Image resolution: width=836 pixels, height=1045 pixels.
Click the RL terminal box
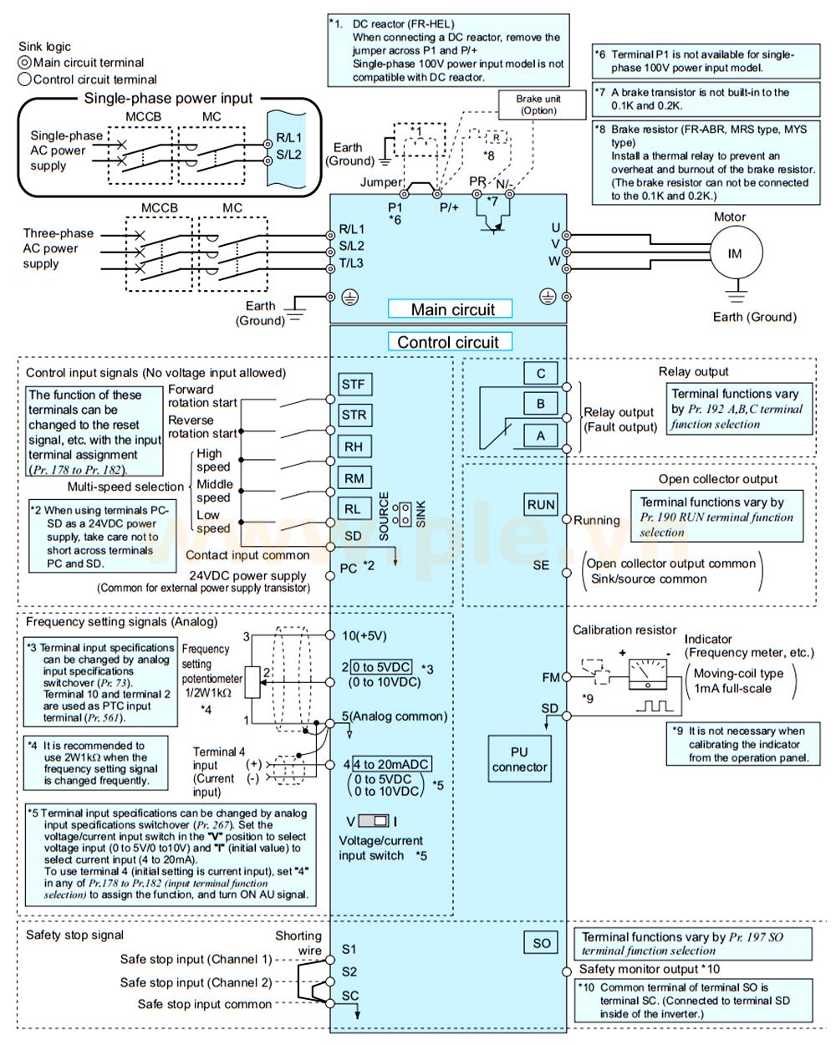(353, 508)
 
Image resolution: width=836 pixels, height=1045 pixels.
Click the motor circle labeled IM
(735, 253)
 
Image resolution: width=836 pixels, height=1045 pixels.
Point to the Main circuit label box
(452, 309)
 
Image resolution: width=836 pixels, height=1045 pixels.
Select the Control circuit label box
(448, 342)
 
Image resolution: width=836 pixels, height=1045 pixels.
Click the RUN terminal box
(541, 504)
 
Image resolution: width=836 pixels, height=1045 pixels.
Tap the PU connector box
(519, 759)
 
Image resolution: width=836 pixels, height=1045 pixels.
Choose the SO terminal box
(541, 943)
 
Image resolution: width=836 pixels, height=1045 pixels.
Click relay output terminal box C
(541, 374)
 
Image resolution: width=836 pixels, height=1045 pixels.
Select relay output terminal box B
(541, 404)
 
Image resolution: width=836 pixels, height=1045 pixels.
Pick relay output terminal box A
(541, 435)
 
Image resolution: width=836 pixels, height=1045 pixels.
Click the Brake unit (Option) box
(538, 104)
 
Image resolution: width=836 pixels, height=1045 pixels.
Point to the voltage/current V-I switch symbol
(373, 820)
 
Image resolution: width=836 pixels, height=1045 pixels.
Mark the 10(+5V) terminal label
(365, 635)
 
